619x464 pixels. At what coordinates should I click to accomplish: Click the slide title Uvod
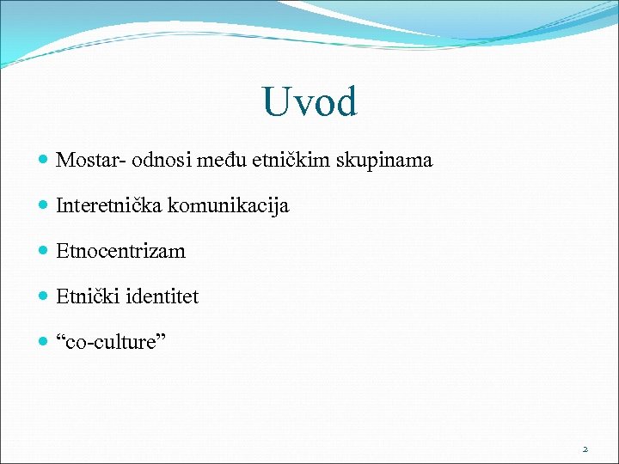click(x=309, y=102)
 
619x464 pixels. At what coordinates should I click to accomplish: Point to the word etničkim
click(x=287, y=160)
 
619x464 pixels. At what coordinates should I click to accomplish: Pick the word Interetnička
click(x=109, y=205)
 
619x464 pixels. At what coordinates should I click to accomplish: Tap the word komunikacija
click(x=229, y=206)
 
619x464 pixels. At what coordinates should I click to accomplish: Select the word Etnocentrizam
click(x=120, y=251)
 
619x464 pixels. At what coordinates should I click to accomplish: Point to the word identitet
click(x=162, y=296)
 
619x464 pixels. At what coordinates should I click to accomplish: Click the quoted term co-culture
click(x=112, y=343)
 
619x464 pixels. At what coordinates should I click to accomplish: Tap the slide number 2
click(x=585, y=449)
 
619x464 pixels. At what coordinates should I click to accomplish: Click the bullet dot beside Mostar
click(x=44, y=161)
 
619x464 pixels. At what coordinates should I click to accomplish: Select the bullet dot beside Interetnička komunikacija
click(x=44, y=206)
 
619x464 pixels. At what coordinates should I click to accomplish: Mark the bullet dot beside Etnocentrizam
click(x=44, y=252)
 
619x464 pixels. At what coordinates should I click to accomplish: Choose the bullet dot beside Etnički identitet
click(x=44, y=297)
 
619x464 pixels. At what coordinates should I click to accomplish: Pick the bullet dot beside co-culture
click(x=44, y=343)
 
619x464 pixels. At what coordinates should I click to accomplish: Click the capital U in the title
click(x=277, y=102)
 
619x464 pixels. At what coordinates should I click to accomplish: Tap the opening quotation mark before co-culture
click(x=60, y=338)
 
